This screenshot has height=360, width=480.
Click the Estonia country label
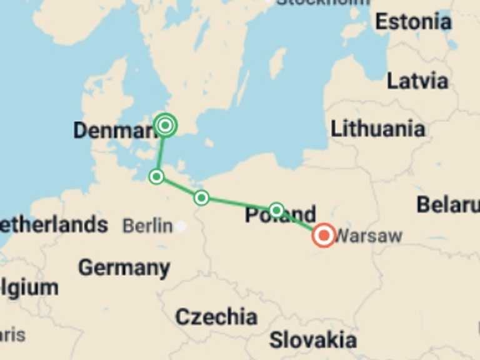click(x=413, y=22)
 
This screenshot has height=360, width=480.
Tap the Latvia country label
click(x=417, y=81)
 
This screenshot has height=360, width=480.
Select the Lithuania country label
click(x=377, y=129)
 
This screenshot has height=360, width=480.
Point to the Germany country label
click(x=124, y=267)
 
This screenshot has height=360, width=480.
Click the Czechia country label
click(x=216, y=316)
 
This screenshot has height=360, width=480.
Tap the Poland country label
click(x=280, y=215)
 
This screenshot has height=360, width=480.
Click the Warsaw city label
click(x=369, y=236)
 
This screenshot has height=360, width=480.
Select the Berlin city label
click(x=147, y=226)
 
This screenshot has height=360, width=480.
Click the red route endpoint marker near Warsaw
click(x=324, y=236)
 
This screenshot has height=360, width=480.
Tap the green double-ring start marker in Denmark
click(x=165, y=126)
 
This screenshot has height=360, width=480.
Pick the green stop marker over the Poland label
click(x=276, y=210)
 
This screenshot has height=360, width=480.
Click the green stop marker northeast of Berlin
click(x=201, y=198)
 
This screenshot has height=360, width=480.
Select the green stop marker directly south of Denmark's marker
click(x=157, y=177)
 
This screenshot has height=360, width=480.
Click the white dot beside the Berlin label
click(x=181, y=226)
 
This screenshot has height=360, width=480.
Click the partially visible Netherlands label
click(x=53, y=225)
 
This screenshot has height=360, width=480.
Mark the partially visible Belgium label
click(x=29, y=288)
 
